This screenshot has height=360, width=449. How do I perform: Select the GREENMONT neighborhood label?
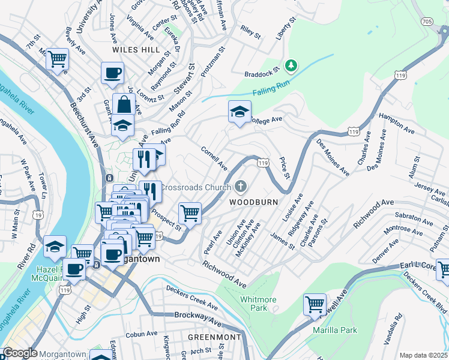tap(214, 337)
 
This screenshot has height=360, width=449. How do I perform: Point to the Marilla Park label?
tap(335, 330)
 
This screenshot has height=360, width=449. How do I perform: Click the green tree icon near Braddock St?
tap(291, 64)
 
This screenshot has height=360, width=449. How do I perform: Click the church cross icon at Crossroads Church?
tap(241, 187)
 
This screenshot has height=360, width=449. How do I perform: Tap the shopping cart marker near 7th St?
tap(57, 59)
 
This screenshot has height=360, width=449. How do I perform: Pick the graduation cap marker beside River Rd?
tap(55, 247)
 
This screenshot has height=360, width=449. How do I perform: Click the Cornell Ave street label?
tap(214, 158)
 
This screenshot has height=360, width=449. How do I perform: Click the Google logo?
tap(20, 353)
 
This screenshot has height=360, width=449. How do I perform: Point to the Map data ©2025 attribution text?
tap(423, 355)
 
